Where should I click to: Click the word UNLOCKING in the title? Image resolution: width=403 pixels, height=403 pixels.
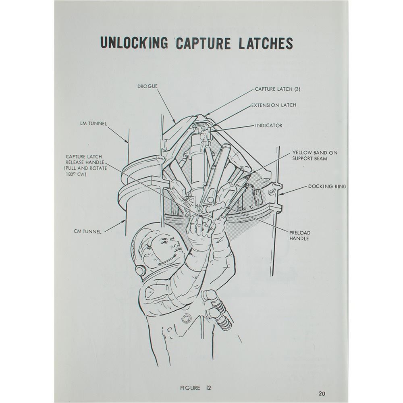(134, 43)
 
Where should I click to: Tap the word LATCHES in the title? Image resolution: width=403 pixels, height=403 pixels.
(266, 43)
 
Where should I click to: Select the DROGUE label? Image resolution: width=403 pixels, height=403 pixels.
(147, 86)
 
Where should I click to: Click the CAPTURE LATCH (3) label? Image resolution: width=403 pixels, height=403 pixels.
(278, 89)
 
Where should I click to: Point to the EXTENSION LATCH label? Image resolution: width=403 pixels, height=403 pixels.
(274, 105)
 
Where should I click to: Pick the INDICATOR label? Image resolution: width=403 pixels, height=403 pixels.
(268, 126)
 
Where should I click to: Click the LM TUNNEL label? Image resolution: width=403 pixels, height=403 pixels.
(93, 124)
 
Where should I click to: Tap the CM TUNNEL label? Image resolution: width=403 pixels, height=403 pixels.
(87, 232)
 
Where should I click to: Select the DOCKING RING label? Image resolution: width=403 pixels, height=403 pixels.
(327, 187)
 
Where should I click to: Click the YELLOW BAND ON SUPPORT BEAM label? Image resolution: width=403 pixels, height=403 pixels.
(315, 156)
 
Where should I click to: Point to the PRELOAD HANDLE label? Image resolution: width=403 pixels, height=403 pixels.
(300, 236)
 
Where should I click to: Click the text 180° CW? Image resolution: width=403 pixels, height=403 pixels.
(76, 174)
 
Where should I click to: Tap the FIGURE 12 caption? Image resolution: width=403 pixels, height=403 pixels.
(195, 388)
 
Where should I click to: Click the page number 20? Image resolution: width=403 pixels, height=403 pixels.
(322, 393)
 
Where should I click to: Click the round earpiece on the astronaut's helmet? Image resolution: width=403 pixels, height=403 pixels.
(141, 270)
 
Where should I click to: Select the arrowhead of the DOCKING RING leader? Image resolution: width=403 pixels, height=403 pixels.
(281, 194)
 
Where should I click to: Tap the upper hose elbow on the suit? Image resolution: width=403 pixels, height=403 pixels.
(209, 295)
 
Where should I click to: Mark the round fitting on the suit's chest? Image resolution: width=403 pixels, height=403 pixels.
(186, 319)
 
